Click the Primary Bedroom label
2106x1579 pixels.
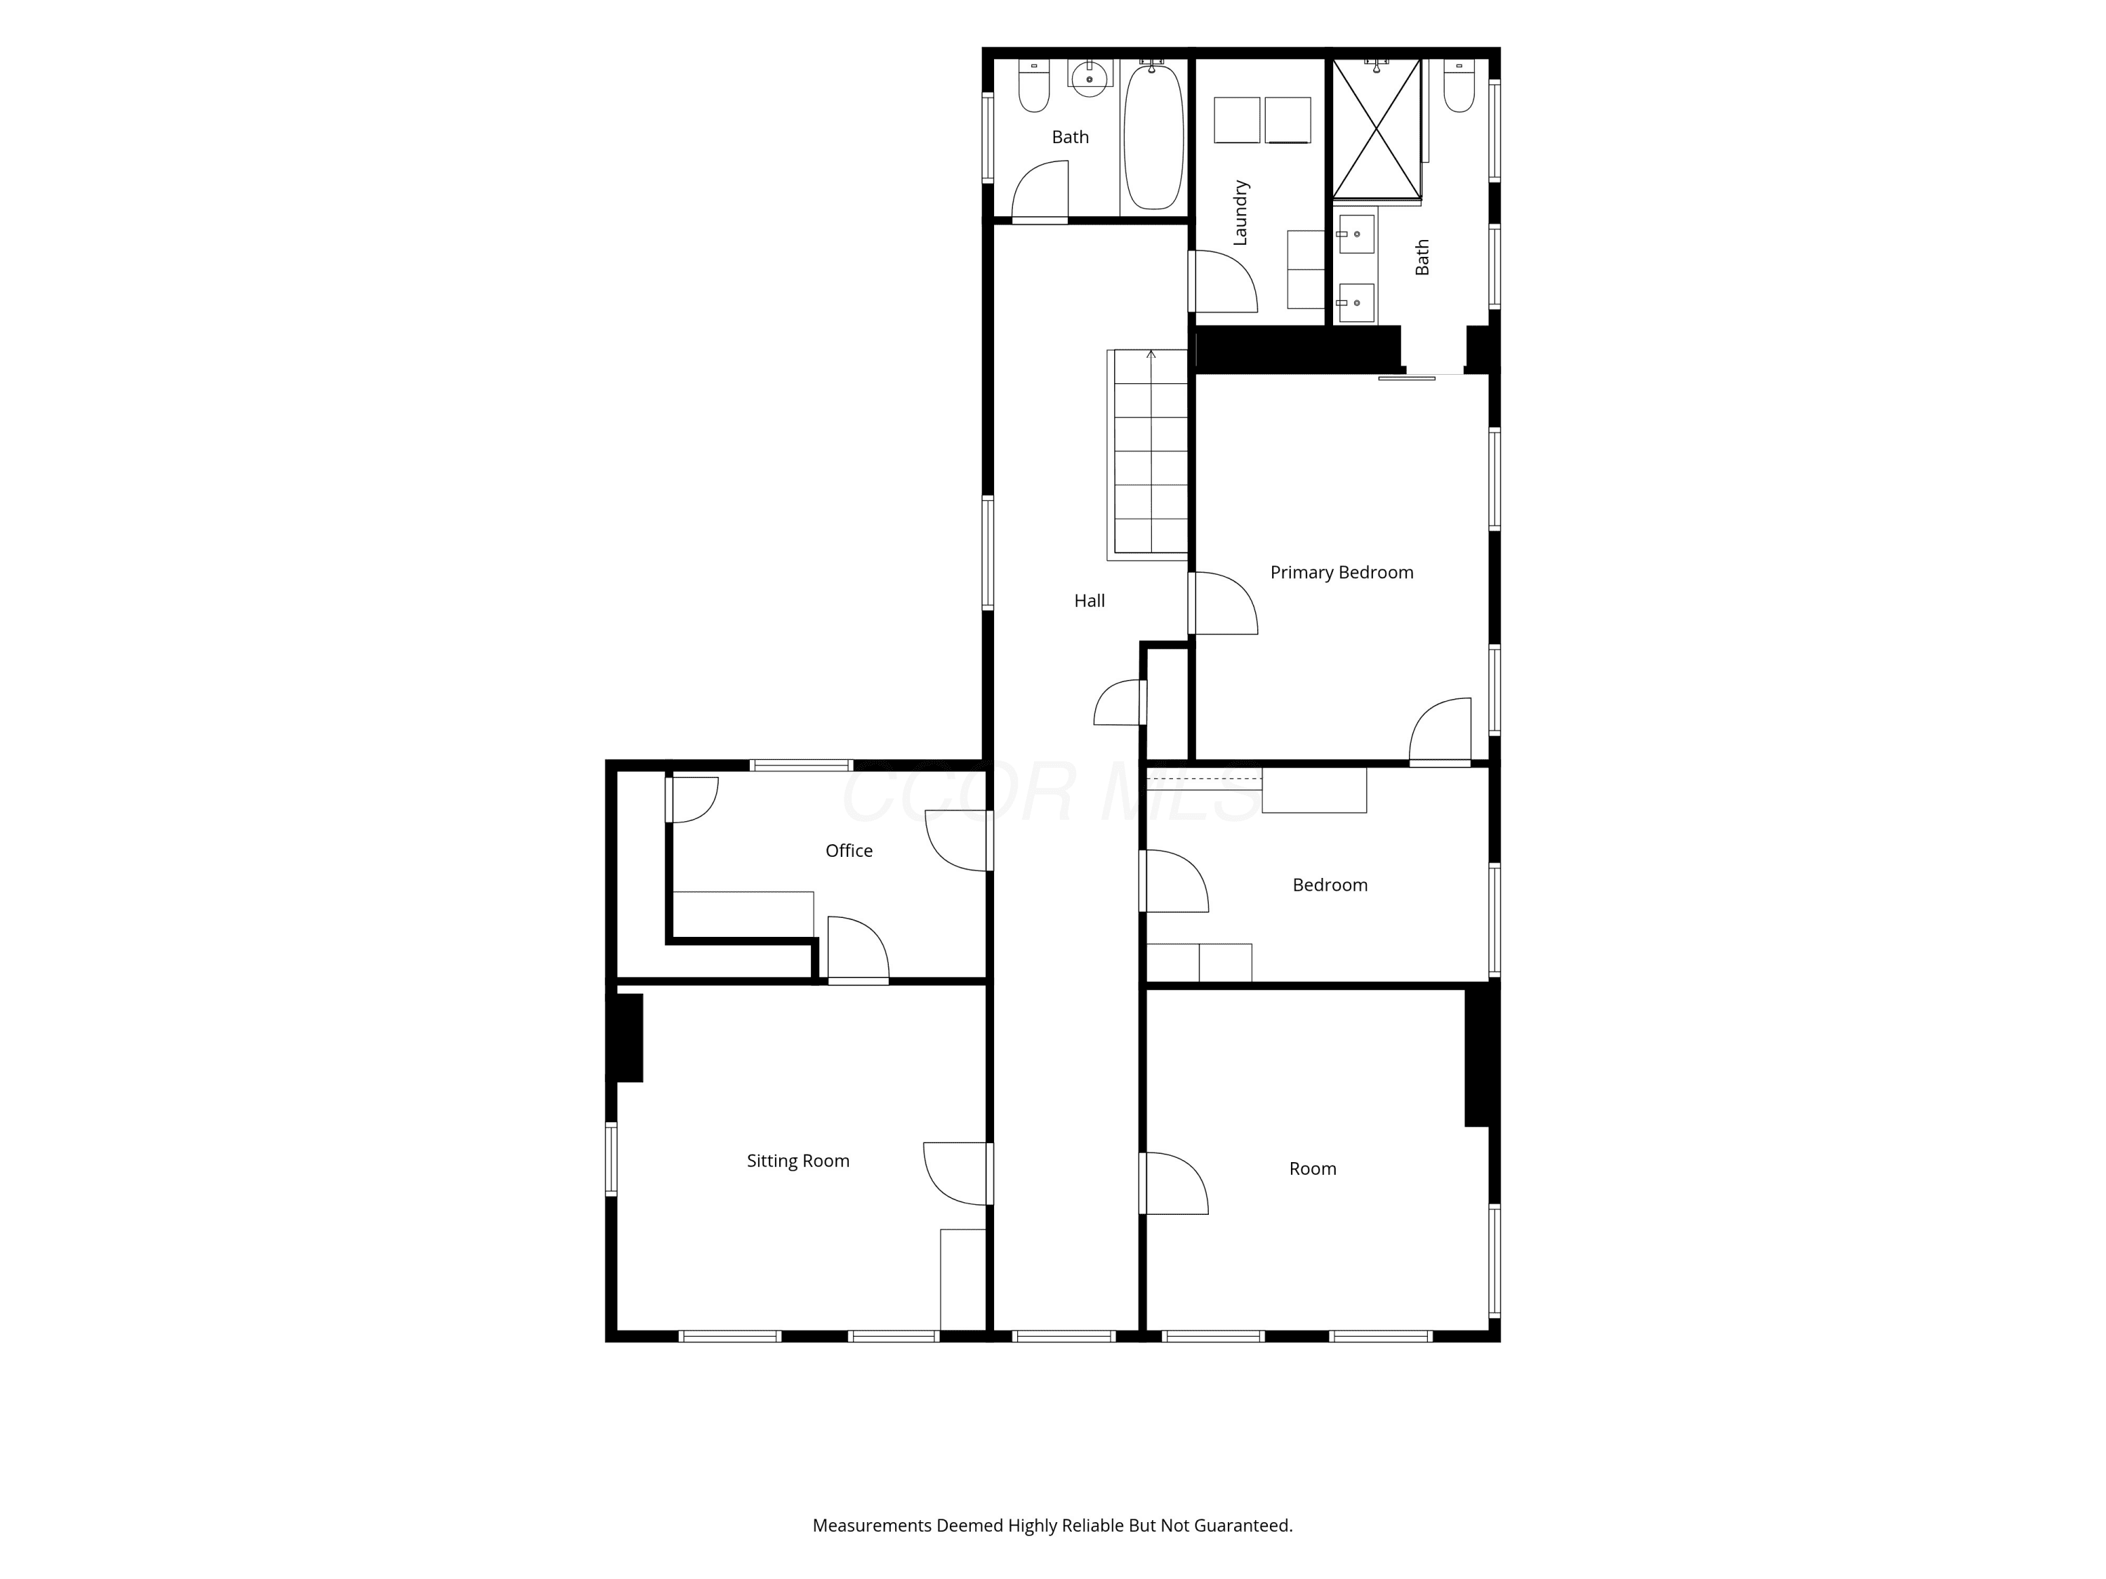(x=1342, y=572)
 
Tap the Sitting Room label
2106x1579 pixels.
(x=798, y=1160)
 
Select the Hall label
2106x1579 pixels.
(x=1090, y=601)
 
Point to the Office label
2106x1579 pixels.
(x=848, y=851)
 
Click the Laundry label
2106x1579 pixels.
(x=1240, y=212)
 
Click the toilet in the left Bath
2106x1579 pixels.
(x=1034, y=86)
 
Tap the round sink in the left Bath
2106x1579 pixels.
(x=1090, y=78)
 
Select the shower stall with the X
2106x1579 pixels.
(x=1377, y=129)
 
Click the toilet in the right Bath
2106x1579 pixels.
(x=1459, y=85)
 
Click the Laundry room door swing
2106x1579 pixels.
(x=1224, y=281)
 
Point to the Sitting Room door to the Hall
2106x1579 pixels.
(x=957, y=1173)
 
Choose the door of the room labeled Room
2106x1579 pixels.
(x=1175, y=1183)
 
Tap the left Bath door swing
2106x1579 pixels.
(x=1040, y=190)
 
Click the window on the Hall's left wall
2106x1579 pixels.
(x=987, y=553)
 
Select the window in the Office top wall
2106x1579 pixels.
(x=801, y=765)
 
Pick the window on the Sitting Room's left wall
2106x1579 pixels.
(x=611, y=1159)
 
